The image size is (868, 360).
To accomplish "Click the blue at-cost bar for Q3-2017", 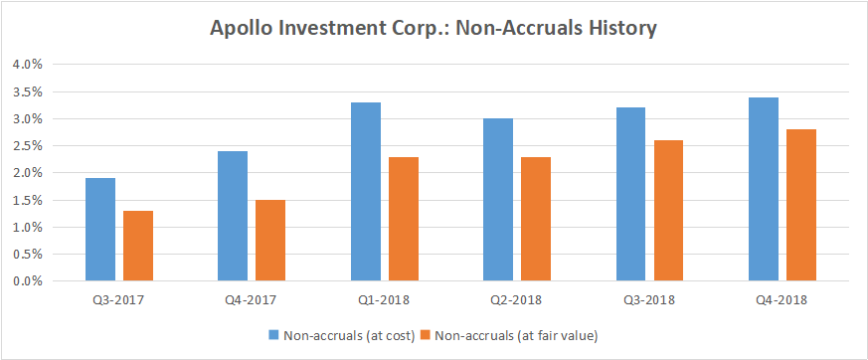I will pos(100,230).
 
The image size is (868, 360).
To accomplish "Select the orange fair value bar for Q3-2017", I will pos(137,246).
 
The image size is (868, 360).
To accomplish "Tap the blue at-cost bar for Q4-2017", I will pos(233,216).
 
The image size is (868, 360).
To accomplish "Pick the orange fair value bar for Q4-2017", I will pos(269,241).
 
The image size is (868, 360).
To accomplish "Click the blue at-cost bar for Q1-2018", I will pos(365,192).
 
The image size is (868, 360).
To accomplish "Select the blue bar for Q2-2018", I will pos(498,200).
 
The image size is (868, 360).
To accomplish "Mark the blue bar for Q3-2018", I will pos(630,194).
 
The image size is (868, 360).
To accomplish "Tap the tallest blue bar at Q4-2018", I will pos(763,189).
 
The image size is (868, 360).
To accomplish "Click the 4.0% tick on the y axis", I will pos(27,65).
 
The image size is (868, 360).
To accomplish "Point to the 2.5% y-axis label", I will pos(27,146).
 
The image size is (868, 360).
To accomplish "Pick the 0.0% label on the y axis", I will pos(27,281).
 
